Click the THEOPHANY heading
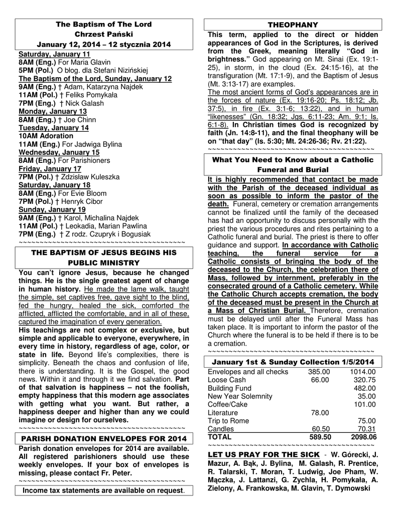293,25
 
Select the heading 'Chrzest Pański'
103,34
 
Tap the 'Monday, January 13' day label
53,111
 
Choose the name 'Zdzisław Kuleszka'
88,177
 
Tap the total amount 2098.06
363,437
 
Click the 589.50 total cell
320,437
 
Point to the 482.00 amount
364,388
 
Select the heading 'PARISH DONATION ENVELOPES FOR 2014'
103,439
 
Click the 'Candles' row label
221,429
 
